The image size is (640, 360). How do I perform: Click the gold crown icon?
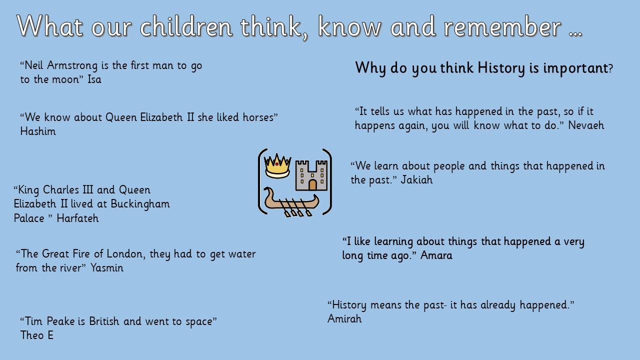(x=277, y=166)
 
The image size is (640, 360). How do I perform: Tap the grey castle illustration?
(x=311, y=175)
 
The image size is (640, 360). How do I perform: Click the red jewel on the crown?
(x=276, y=164)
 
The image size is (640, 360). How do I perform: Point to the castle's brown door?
(x=312, y=185)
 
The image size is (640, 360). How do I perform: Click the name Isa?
(x=94, y=79)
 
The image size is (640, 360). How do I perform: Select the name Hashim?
(x=38, y=131)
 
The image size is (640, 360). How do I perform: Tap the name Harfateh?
(x=77, y=218)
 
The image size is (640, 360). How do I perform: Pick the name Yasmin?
(x=107, y=268)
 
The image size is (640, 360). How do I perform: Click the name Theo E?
(x=37, y=335)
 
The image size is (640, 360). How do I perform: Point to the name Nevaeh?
(x=586, y=125)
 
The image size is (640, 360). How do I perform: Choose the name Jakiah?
(x=416, y=180)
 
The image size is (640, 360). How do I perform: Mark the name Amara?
(x=436, y=255)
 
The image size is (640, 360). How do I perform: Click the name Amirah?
(x=344, y=319)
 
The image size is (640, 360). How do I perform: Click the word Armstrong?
(x=72, y=66)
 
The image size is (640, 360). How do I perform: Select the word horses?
(x=258, y=117)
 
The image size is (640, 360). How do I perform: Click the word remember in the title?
(x=502, y=26)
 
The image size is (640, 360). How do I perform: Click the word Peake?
(x=62, y=321)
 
